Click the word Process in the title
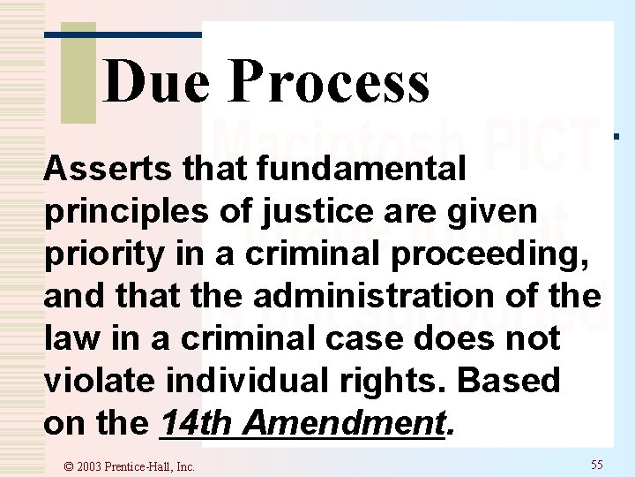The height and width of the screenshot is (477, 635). click(x=330, y=82)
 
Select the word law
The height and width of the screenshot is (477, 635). click(x=66, y=337)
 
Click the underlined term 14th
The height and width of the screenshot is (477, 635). click(x=196, y=423)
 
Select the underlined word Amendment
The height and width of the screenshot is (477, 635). click(x=342, y=423)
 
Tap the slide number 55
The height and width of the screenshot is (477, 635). click(x=597, y=465)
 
